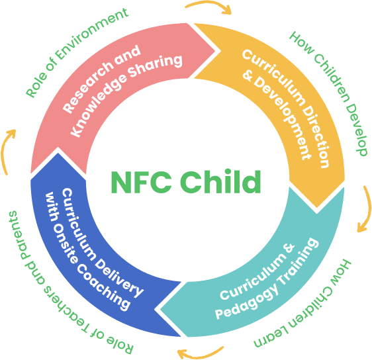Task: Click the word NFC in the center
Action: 141,183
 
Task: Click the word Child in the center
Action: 220,181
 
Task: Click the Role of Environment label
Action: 76,53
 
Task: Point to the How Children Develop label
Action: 330,93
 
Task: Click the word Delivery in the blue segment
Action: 118,276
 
